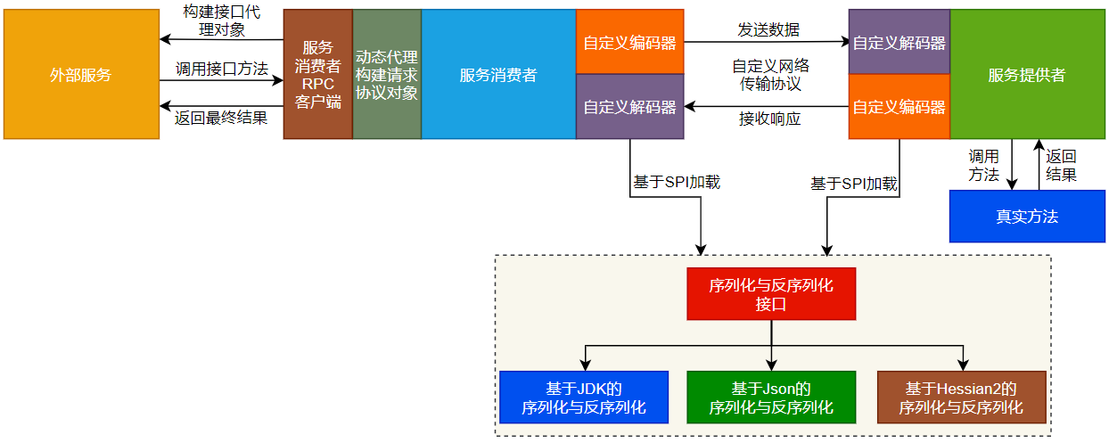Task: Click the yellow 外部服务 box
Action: click(x=81, y=75)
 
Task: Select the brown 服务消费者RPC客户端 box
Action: click(x=317, y=75)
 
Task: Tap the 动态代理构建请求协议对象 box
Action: click(x=387, y=75)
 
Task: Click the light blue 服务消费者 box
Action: click(x=498, y=75)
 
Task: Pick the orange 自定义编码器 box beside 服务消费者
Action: click(x=629, y=42)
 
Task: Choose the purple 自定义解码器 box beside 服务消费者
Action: click(x=629, y=107)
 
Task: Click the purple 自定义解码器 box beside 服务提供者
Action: click(x=899, y=42)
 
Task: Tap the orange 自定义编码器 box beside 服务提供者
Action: click(x=899, y=107)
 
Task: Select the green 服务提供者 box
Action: click(x=1027, y=75)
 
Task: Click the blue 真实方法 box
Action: click(x=1027, y=217)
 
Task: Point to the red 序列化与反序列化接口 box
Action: click(x=770, y=293)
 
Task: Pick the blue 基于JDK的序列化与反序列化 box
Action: click(x=583, y=397)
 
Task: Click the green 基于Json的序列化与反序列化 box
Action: click(x=770, y=397)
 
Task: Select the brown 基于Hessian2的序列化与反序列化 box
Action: click(x=960, y=397)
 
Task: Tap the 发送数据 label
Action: click(x=768, y=29)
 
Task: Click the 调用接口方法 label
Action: click(x=222, y=68)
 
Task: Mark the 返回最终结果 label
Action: click(x=222, y=117)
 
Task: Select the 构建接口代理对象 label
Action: click(x=222, y=21)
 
